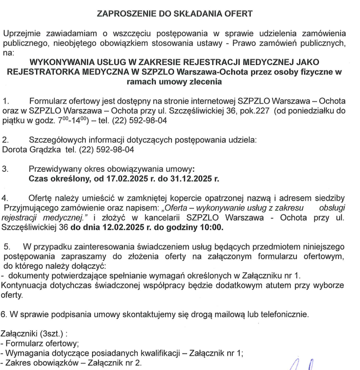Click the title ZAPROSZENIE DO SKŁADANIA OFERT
pyautogui.click(x=179, y=14)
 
